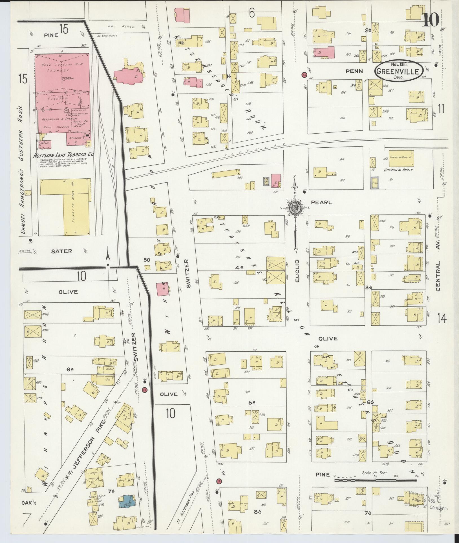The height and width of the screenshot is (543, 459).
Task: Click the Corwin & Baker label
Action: pyautogui.click(x=398, y=170)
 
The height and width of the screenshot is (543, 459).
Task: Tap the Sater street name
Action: pyautogui.click(x=62, y=251)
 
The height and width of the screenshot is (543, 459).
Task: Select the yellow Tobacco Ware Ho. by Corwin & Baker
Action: pyautogui.click(x=401, y=158)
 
